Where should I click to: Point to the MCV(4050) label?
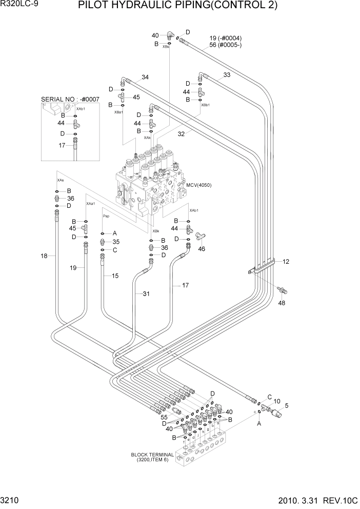(x=199, y=185)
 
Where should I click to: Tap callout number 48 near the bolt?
(x=281, y=303)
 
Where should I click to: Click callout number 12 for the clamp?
(x=286, y=262)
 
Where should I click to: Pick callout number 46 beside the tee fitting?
(x=202, y=249)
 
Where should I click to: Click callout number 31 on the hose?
(x=146, y=293)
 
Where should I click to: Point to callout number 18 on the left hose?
(x=44, y=256)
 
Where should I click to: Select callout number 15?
(x=115, y=276)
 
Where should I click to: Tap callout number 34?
(x=145, y=77)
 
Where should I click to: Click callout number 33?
(x=227, y=75)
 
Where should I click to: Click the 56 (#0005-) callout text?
(x=226, y=45)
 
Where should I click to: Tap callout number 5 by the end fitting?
(x=287, y=405)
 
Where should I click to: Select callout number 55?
(x=165, y=417)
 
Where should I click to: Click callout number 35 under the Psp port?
(x=116, y=242)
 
